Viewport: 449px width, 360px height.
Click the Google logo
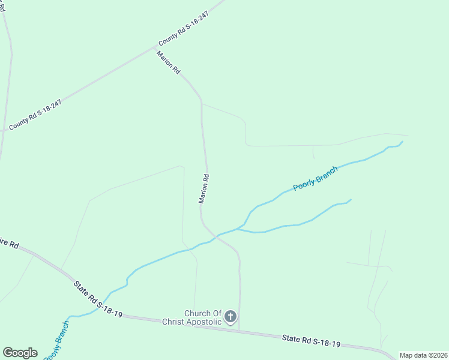(20, 353)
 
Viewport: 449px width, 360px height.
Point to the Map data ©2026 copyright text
(423, 355)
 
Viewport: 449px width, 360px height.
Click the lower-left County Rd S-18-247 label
(35, 114)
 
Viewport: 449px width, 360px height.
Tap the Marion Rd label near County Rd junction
(169, 62)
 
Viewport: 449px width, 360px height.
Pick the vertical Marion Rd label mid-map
(204, 189)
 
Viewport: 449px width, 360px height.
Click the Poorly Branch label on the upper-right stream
(315, 178)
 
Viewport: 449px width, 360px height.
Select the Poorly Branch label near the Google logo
(56, 340)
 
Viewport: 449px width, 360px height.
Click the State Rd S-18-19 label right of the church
(311, 341)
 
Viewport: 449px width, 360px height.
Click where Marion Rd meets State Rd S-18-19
(239, 329)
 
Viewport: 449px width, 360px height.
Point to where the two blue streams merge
(239, 229)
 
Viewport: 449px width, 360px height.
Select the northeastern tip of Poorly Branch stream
(402, 142)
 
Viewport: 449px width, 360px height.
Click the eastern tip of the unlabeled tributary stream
(351, 200)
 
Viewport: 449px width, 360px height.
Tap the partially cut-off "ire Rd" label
(10, 244)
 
